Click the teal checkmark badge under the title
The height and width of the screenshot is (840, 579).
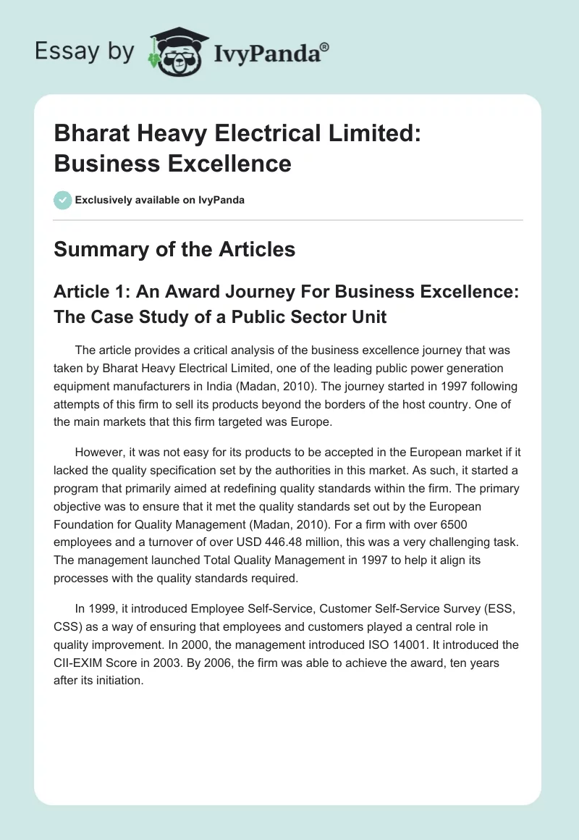pyautogui.click(x=63, y=200)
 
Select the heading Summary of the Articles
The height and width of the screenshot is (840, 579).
pyautogui.click(x=174, y=249)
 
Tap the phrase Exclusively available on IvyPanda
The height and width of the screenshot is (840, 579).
pyautogui.click(x=160, y=200)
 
